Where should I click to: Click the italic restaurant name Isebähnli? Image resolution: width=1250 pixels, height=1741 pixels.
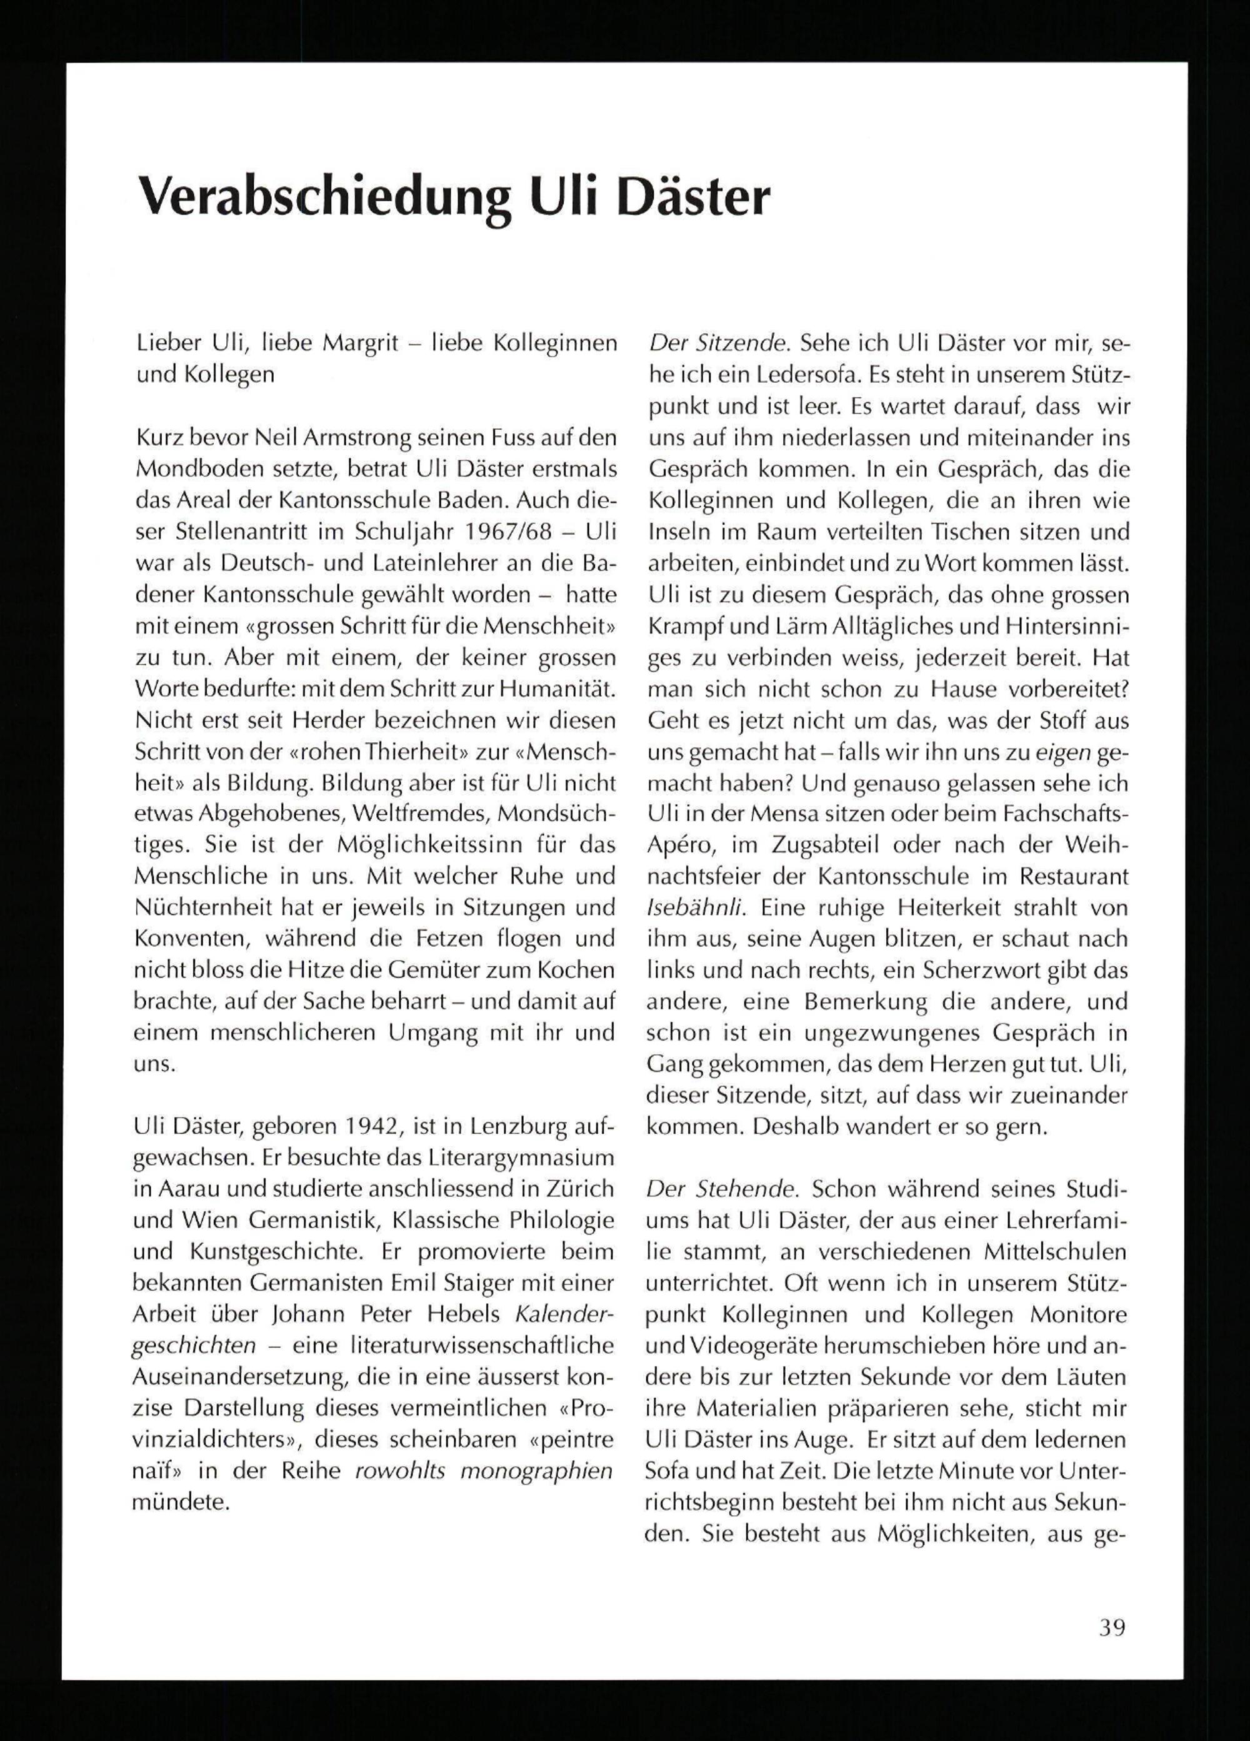click(x=694, y=909)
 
